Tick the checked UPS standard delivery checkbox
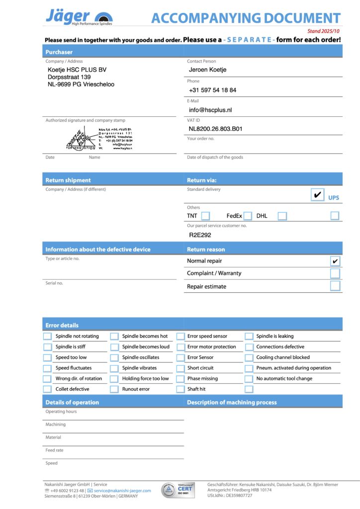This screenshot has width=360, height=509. click(x=317, y=195)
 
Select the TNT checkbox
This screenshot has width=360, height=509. click(x=205, y=216)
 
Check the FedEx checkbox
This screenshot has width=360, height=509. click(x=248, y=216)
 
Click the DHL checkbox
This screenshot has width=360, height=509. click(x=282, y=216)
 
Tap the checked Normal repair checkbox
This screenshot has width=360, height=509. click(x=335, y=261)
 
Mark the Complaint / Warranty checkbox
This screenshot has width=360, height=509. click(x=335, y=273)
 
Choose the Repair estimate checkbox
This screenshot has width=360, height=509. click(x=335, y=286)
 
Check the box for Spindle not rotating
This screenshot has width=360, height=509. click(x=47, y=336)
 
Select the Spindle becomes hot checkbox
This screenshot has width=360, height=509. click(x=114, y=336)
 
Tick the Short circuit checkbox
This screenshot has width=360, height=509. click(x=181, y=368)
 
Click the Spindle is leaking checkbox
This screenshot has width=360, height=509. click(x=249, y=336)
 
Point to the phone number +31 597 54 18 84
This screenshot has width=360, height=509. click(x=212, y=90)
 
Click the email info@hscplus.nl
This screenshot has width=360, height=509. click(x=210, y=110)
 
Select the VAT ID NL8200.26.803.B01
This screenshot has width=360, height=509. click(x=215, y=129)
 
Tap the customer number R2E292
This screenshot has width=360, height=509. click(x=200, y=235)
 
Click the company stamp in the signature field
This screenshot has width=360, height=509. click(x=99, y=139)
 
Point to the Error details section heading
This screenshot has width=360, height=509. click(x=62, y=325)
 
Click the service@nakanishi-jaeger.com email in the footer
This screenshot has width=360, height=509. click(x=122, y=491)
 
